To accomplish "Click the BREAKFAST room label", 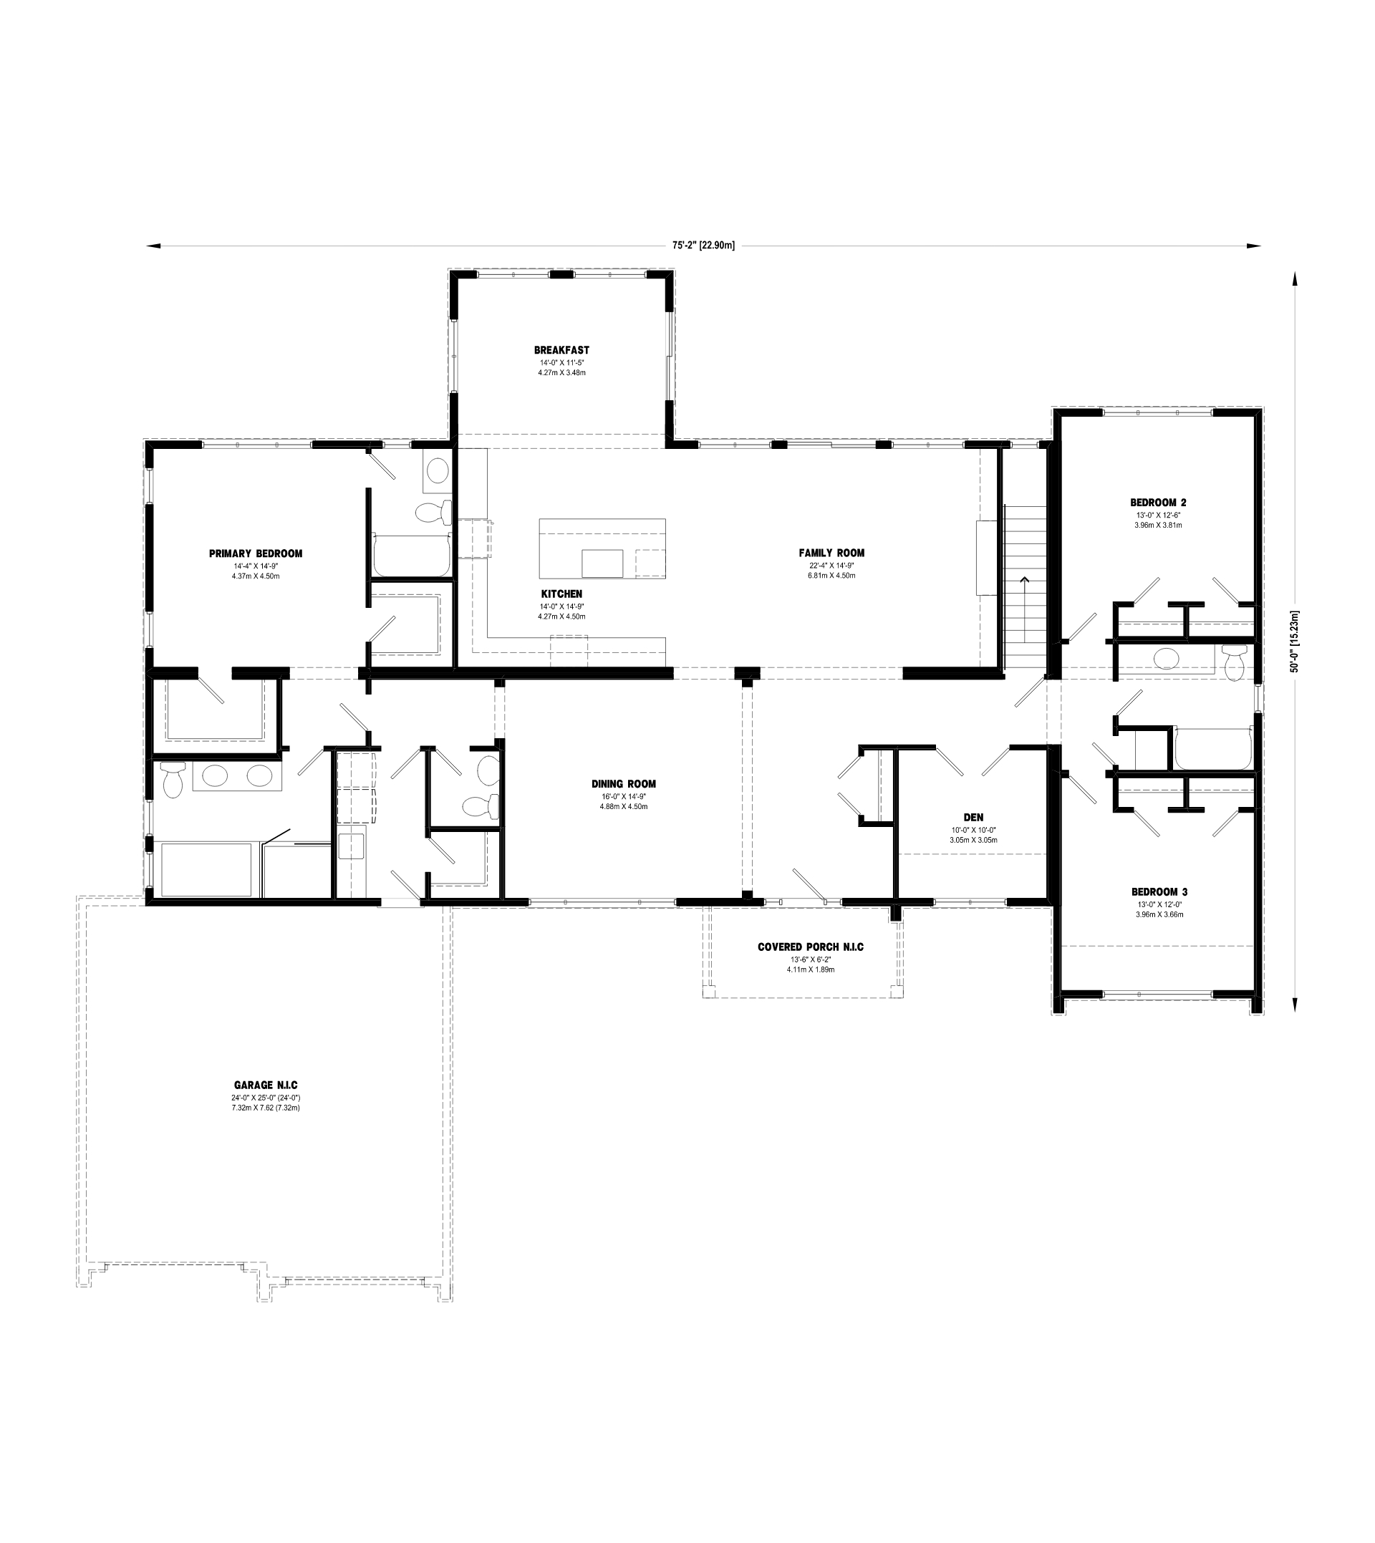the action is pyautogui.click(x=561, y=350).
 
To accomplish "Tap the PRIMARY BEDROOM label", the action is pyautogui.click(x=256, y=553).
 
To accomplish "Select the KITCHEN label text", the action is pyautogui.click(x=561, y=594).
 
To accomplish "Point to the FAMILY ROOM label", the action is pyautogui.click(x=831, y=553).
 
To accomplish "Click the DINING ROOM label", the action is pyautogui.click(x=623, y=784).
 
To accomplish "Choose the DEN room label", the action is pyautogui.click(x=973, y=817).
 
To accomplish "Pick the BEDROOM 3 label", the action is pyautogui.click(x=1159, y=892).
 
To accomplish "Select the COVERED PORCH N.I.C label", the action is pyautogui.click(x=811, y=947).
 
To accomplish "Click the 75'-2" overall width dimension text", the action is pyautogui.click(x=703, y=246).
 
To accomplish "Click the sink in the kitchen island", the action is pyautogui.click(x=602, y=563).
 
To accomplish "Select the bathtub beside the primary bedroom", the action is pyautogui.click(x=412, y=555).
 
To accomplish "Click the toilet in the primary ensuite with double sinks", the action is pyautogui.click(x=174, y=780).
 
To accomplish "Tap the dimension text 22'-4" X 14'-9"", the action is pyautogui.click(x=831, y=566).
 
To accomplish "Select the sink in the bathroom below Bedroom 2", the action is pyautogui.click(x=1165, y=657).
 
